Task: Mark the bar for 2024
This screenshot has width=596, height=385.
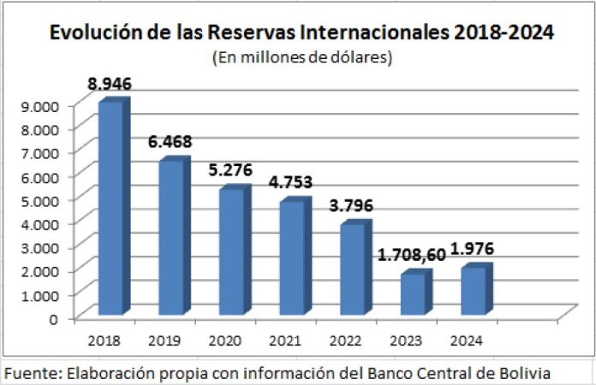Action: pos(474,290)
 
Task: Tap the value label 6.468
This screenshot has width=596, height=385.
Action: pos(170,139)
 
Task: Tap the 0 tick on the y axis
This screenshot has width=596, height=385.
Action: pos(54,318)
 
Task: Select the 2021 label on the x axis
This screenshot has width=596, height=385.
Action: pos(285,341)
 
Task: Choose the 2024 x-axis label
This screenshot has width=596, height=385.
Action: pos(466,341)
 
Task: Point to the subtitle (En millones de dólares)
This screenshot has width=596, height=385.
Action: pos(301,58)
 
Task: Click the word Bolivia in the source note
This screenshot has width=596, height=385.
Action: pos(523,374)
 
